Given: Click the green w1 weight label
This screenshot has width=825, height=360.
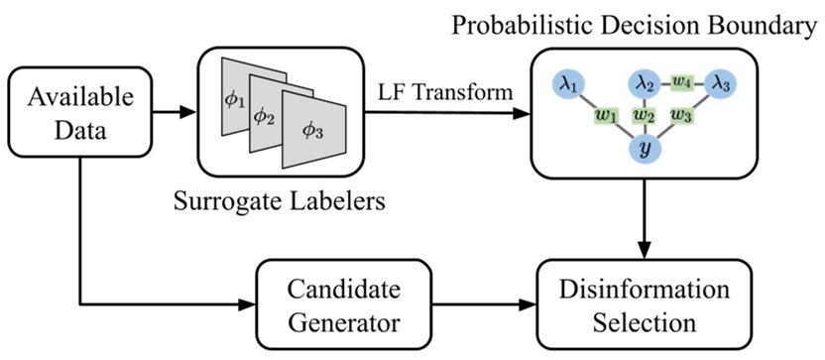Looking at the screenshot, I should click(604, 114).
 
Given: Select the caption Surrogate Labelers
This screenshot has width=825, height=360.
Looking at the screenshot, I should click(289, 205).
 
